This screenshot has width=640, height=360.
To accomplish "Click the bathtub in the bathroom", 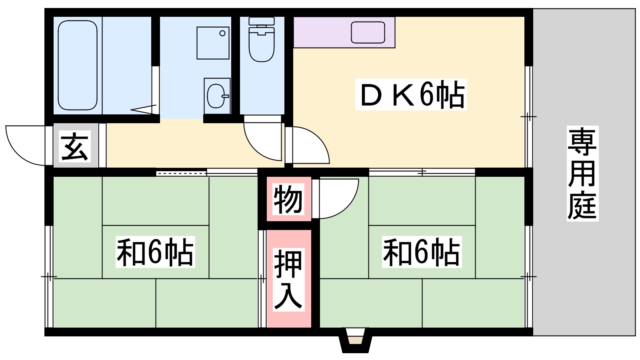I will (78, 65).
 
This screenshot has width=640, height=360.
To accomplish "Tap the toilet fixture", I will (262, 40).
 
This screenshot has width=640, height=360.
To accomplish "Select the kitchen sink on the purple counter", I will (368, 32).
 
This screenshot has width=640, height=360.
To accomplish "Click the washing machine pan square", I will (213, 43).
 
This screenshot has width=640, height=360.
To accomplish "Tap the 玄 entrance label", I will (75, 146).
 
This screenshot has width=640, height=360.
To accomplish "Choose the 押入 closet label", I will (288, 279).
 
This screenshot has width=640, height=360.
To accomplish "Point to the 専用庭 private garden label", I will (582, 174).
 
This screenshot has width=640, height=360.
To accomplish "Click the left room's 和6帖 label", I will (155, 252).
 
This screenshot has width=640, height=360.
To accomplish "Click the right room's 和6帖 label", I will (422, 252).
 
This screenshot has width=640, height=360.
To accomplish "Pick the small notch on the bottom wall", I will (355, 340).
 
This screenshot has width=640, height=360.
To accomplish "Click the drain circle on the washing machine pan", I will (222, 33).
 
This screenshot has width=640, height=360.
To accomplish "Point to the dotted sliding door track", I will (181, 173).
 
